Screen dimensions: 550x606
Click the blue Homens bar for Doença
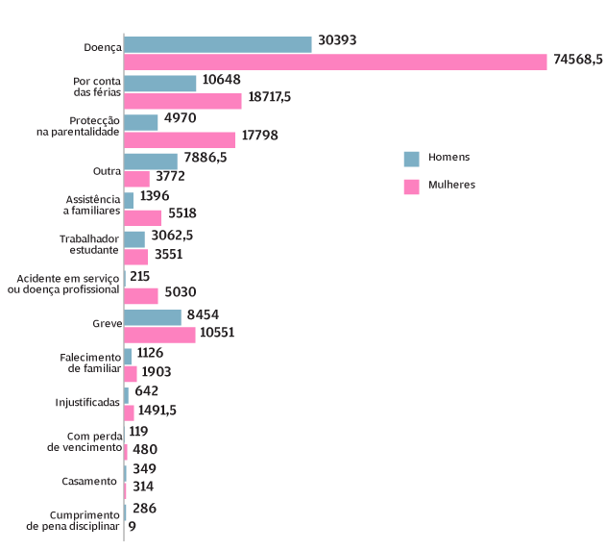pos(218,44)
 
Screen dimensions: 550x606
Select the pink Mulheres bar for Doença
pos(335,61)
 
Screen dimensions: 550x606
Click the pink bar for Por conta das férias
pos(182,100)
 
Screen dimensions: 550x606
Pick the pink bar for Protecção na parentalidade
pos(180,139)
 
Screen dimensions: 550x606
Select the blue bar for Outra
pos(151,161)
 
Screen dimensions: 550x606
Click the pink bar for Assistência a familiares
pos(143,216)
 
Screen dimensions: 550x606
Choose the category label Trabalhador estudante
pos(88,243)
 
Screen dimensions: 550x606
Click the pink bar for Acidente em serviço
pos(141,295)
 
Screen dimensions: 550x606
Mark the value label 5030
pos(181,294)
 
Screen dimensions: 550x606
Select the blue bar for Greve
pos(153,316)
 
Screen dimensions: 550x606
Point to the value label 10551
pos(220,333)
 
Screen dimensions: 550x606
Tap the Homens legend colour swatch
pos(411,159)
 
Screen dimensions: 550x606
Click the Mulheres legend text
pos(452,185)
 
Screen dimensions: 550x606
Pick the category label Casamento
pos(89,481)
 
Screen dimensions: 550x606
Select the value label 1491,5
pos(158,411)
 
